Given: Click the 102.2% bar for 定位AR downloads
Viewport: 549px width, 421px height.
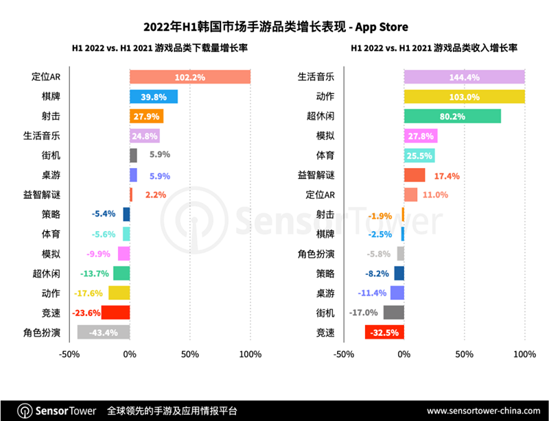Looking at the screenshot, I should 189,77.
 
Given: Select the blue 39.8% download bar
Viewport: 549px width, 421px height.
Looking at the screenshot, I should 154,97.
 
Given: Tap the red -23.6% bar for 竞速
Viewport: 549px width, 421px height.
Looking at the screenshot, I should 115,313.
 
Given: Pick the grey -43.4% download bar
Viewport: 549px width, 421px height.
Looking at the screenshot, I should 103,333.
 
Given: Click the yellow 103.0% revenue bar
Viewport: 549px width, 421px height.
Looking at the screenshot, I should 464,97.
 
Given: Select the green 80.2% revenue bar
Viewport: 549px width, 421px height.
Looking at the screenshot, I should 452,116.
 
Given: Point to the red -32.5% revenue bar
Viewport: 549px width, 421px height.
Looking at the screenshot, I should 384,333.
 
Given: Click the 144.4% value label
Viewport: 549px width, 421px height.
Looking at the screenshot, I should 464,77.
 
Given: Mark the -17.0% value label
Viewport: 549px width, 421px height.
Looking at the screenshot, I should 364,313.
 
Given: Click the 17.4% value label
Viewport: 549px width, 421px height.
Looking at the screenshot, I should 447,176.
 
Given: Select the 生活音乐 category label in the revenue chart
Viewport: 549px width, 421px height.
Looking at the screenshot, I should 316,77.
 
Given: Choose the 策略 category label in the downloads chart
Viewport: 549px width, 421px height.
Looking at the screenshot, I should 50,215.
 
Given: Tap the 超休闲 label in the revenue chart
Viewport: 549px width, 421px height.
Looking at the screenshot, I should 320,117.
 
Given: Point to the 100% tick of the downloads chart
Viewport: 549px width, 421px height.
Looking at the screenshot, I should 250,354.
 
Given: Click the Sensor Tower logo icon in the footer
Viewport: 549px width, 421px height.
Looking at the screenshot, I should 25,411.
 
